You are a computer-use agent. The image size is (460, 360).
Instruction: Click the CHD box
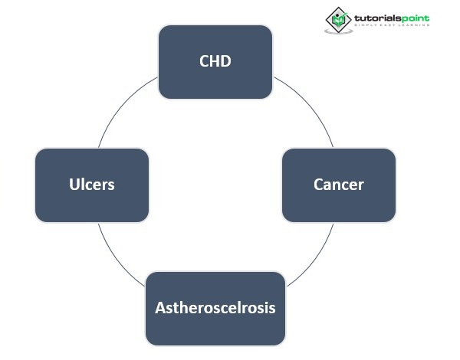tap(215, 62)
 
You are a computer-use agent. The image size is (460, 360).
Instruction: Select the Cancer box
tap(339, 185)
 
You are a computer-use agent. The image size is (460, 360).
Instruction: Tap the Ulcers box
tap(92, 185)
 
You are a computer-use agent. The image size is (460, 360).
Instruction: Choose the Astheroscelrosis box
tap(215, 308)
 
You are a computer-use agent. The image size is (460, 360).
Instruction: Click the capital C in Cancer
tap(319, 185)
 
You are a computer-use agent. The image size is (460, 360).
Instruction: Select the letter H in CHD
tap(215, 62)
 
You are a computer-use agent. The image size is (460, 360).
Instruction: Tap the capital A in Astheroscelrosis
tap(161, 308)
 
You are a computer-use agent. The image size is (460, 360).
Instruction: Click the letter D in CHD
tap(226, 62)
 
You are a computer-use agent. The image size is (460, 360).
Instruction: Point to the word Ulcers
tap(92, 185)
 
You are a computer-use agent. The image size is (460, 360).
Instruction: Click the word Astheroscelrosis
tap(215, 308)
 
